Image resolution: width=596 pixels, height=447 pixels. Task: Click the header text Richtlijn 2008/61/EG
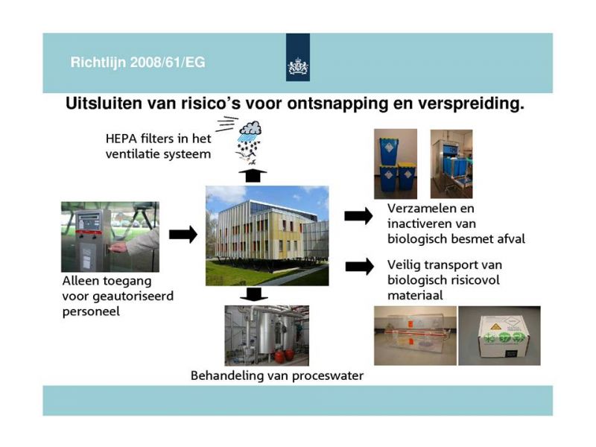138,63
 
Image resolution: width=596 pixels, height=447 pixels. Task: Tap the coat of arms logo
297,66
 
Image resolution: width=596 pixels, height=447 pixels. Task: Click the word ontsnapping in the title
337,104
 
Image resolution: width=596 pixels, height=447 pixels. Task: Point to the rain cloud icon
250,128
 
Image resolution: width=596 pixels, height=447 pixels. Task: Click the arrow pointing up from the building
253,175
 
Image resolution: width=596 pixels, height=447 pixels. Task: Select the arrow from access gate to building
183,234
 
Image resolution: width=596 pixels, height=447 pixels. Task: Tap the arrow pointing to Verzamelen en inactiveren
358,216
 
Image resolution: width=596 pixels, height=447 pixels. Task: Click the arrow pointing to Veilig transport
359,267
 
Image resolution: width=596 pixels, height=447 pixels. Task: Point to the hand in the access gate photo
118,248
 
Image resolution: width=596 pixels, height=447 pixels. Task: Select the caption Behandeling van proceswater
277,376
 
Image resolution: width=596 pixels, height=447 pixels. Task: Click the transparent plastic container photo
415,336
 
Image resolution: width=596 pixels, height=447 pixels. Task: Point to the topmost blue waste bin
388,151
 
